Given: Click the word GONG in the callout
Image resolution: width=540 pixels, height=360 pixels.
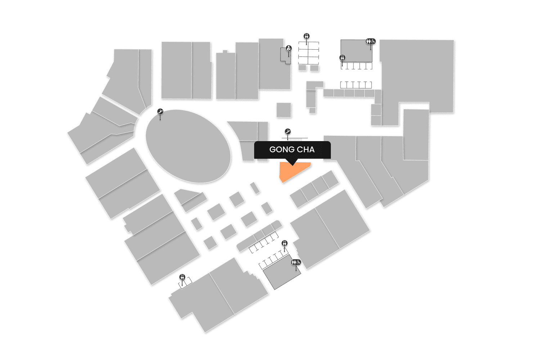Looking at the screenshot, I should pos(281,150).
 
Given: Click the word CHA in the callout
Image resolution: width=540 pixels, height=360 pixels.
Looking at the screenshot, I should pos(306,150).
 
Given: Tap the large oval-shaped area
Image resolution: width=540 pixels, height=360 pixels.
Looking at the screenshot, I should pos(188,146).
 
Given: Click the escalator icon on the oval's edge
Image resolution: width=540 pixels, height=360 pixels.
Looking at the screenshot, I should pos(161,112).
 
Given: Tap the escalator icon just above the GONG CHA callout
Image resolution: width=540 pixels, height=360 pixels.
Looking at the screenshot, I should pos(288,132).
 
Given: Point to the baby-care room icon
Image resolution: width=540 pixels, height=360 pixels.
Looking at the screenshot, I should pos(288,48).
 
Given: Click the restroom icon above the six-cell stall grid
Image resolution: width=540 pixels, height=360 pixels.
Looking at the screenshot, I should pos(306,36).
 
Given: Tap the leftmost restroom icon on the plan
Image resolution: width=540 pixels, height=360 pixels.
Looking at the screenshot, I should pos(182,277).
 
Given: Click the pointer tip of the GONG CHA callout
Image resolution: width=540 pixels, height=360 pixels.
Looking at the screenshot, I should pos(292,165).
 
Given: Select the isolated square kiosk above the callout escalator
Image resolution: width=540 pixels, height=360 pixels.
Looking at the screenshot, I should pos(284,110).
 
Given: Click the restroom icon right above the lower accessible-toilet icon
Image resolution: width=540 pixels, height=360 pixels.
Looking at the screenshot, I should pos(285,243).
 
